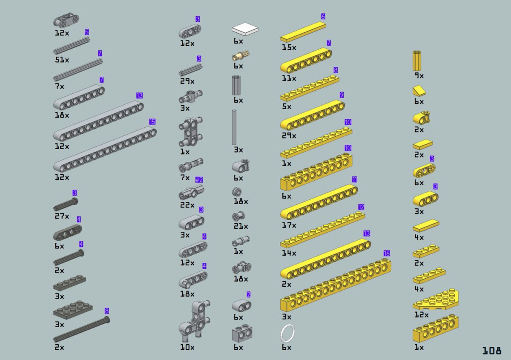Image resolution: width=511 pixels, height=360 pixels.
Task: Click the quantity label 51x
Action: click(x=62, y=60)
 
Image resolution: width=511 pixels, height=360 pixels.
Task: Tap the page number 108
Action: click(x=492, y=350)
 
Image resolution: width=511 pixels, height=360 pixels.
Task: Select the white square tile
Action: click(x=245, y=29)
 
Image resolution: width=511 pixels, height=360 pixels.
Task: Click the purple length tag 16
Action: click(x=387, y=253)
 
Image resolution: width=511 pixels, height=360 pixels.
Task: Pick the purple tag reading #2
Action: click(x=199, y=180)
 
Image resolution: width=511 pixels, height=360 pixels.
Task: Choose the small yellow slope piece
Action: click(x=419, y=91)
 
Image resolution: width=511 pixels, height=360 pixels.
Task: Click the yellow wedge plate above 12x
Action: click(x=436, y=300)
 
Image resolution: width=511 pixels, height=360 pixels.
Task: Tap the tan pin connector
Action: click(x=241, y=55)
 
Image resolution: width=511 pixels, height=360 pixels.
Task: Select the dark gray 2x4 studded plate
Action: click(x=73, y=310)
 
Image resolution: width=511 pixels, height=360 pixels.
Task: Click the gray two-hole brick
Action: click(x=242, y=333)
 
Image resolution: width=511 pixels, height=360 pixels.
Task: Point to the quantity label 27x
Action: click(x=62, y=216)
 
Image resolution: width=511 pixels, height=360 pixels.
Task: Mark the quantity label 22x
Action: click(x=187, y=205)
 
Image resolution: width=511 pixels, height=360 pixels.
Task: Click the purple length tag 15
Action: click(x=152, y=122)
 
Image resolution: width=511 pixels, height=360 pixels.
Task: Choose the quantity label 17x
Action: click(x=289, y=225)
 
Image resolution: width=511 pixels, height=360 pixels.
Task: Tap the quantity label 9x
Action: click(x=419, y=75)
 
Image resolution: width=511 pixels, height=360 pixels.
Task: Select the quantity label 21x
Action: click(x=241, y=226)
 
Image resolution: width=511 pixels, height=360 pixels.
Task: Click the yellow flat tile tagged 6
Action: click(x=303, y=32)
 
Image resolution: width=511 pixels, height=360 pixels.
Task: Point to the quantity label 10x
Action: click(x=187, y=347)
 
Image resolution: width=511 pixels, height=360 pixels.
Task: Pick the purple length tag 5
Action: click(x=87, y=32)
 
